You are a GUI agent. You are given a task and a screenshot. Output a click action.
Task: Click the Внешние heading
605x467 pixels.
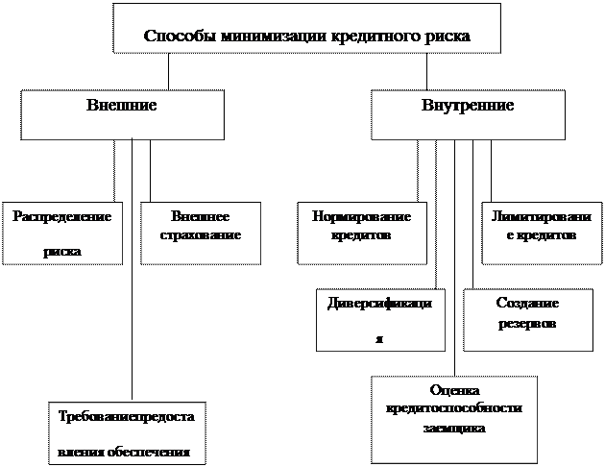pos(121,104)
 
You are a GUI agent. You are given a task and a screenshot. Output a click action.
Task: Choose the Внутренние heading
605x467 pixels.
pos(467,104)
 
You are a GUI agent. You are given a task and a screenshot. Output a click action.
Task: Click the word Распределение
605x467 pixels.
pos(61,216)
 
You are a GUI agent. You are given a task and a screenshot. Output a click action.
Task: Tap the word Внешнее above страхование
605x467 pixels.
pos(200,216)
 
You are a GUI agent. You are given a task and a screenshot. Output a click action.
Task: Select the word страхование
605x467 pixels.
pos(200,234)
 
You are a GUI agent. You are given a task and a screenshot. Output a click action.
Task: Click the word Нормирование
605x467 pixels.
pos(361,216)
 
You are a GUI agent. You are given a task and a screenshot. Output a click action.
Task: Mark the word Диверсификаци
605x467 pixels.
pos(380,303)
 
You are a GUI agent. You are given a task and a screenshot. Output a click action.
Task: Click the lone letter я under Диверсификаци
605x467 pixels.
pos(378,338)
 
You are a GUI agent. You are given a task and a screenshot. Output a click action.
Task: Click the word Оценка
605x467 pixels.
pos(454,389)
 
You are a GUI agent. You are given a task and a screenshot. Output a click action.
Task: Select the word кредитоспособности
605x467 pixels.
pos(454,407)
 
